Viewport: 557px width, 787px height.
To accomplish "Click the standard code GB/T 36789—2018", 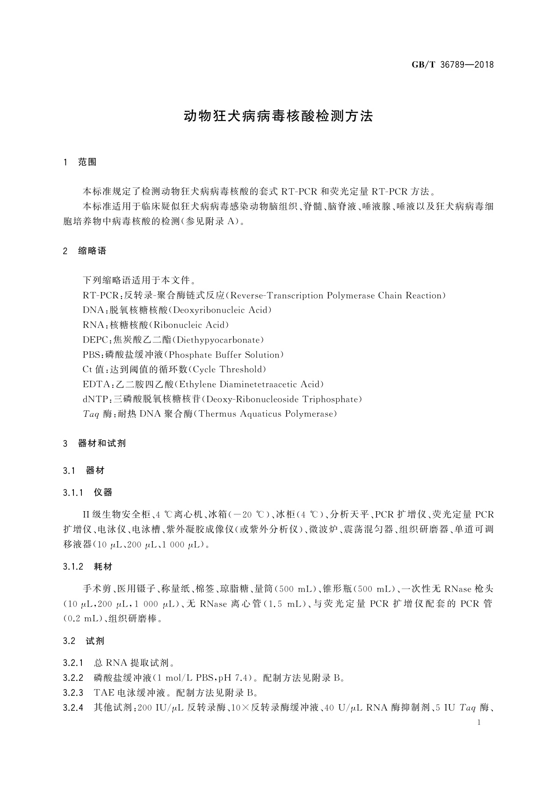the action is pyautogui.click(x=453, y=65).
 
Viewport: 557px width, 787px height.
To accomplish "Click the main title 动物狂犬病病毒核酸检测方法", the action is pyautogui.click(x=278, y=116).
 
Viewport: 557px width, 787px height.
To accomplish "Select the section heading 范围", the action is pyautogui.click(x=87, y=162).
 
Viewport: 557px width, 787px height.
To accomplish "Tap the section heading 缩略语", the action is pyautogui.click(x=92, y=251).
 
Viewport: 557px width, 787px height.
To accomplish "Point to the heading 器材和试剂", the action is pyautogui.click(x=102, y=444).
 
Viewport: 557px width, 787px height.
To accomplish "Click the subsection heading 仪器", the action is pyautogui.click(x=103, y=493).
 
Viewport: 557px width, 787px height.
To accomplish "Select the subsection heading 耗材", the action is pyautogui.click(x=103, y=567).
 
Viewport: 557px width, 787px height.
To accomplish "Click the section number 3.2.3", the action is pyautogui.click(x=73, y=693).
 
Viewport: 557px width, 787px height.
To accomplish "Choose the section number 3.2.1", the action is pyautogui.click(x=73, y=663).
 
